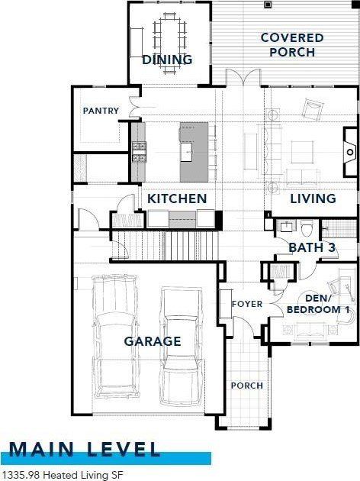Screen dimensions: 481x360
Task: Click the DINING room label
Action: [167, 60]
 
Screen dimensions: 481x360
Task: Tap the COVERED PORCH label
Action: [292, 44]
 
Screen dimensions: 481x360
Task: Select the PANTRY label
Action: [101, 111]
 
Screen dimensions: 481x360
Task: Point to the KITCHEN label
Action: [177, 199]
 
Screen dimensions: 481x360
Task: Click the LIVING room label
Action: [313, 199]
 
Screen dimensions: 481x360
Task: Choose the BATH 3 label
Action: [313, 247]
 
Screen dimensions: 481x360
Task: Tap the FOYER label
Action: [247, 304]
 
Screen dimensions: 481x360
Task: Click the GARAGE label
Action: [153, 341]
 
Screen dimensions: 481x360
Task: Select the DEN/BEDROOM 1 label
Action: [317, 303]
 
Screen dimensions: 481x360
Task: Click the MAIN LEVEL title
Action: [85, 448]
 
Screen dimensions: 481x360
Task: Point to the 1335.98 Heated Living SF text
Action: [62, 475]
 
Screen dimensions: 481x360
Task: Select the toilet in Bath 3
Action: [306, 228]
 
